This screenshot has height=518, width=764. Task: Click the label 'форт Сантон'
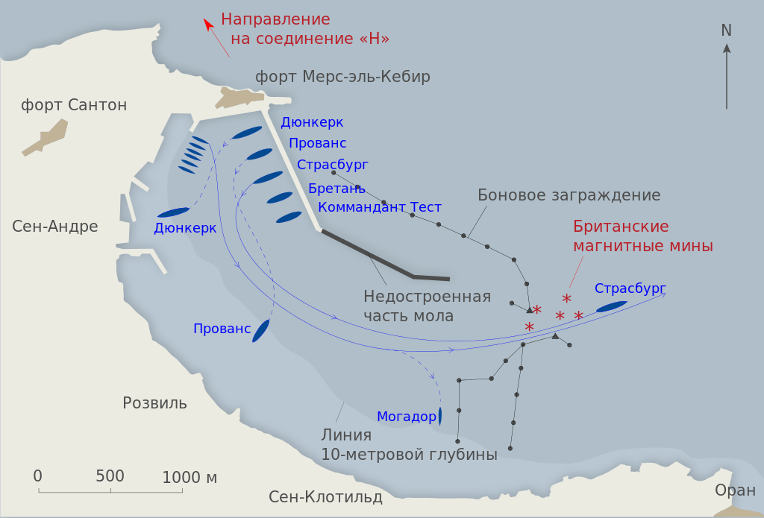74,105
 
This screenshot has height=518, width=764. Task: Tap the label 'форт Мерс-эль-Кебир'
342,77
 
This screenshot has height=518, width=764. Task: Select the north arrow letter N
726,31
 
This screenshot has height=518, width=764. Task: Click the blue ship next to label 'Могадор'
440,416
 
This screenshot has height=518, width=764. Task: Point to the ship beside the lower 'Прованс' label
260,330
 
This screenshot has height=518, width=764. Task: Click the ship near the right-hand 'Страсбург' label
612,306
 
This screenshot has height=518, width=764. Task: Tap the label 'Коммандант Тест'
380,207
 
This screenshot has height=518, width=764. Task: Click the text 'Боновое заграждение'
569,195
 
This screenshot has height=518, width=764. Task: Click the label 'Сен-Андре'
55,226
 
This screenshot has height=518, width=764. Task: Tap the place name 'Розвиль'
154,403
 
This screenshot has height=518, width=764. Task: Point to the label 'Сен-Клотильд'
325,497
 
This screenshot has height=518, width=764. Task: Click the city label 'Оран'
735,490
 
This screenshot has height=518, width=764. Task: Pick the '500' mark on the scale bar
110,476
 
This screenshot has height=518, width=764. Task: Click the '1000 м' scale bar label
190,477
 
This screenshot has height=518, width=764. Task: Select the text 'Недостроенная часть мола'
427,306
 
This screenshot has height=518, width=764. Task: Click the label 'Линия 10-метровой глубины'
409,445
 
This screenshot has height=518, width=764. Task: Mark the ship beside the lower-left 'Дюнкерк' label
173,212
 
